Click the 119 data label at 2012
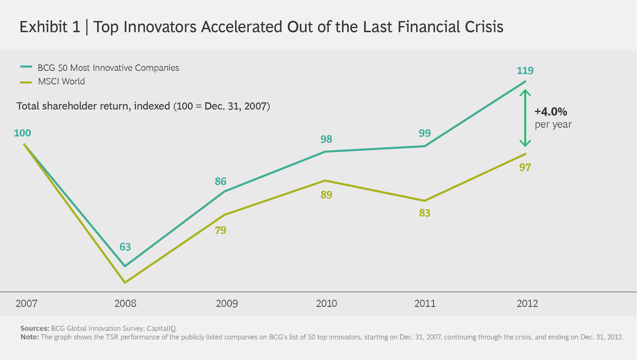(525, 70)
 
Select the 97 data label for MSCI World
(525, 167)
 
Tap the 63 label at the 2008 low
(125, 247)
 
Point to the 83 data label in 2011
(424, 213)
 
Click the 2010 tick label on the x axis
(326, 303)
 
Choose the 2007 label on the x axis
(26, 303)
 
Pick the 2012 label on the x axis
(527, 303)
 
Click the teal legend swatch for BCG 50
(26, 67)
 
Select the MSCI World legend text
(61, 82)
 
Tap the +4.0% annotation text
(551, 112)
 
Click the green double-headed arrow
(525, 118)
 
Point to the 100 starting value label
(22, 133)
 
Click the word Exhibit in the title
(43, 27)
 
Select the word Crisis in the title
(484, 27)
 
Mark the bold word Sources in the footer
(34, 328)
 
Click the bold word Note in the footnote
(30, 337)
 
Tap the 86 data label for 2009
(220, 181)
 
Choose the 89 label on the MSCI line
(326, 195)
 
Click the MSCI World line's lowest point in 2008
(125, 283)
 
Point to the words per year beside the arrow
(553, 124)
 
